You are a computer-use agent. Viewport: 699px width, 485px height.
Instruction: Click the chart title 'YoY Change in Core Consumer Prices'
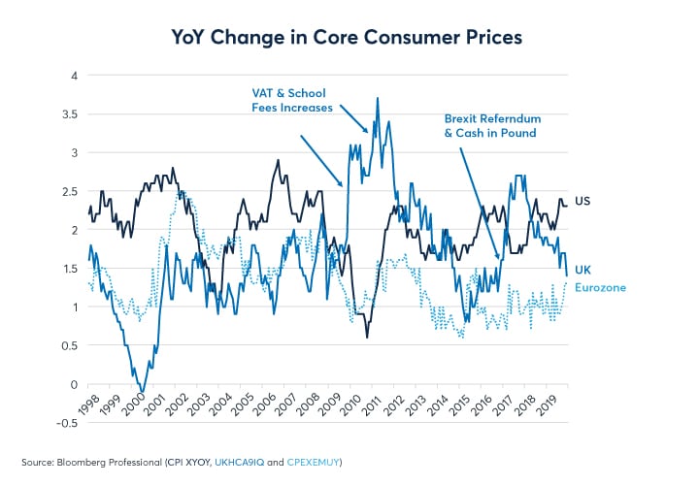point(349,37)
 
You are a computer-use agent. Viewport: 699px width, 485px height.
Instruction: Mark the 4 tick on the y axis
point(72,76)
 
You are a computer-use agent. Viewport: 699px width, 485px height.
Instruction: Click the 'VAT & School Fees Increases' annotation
point(288,100)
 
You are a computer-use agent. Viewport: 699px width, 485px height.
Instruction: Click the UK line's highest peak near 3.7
point(378,98)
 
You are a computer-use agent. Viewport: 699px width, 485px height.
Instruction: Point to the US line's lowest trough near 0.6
point(367,337)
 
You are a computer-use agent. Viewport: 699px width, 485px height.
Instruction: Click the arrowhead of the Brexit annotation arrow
point(499,259)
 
